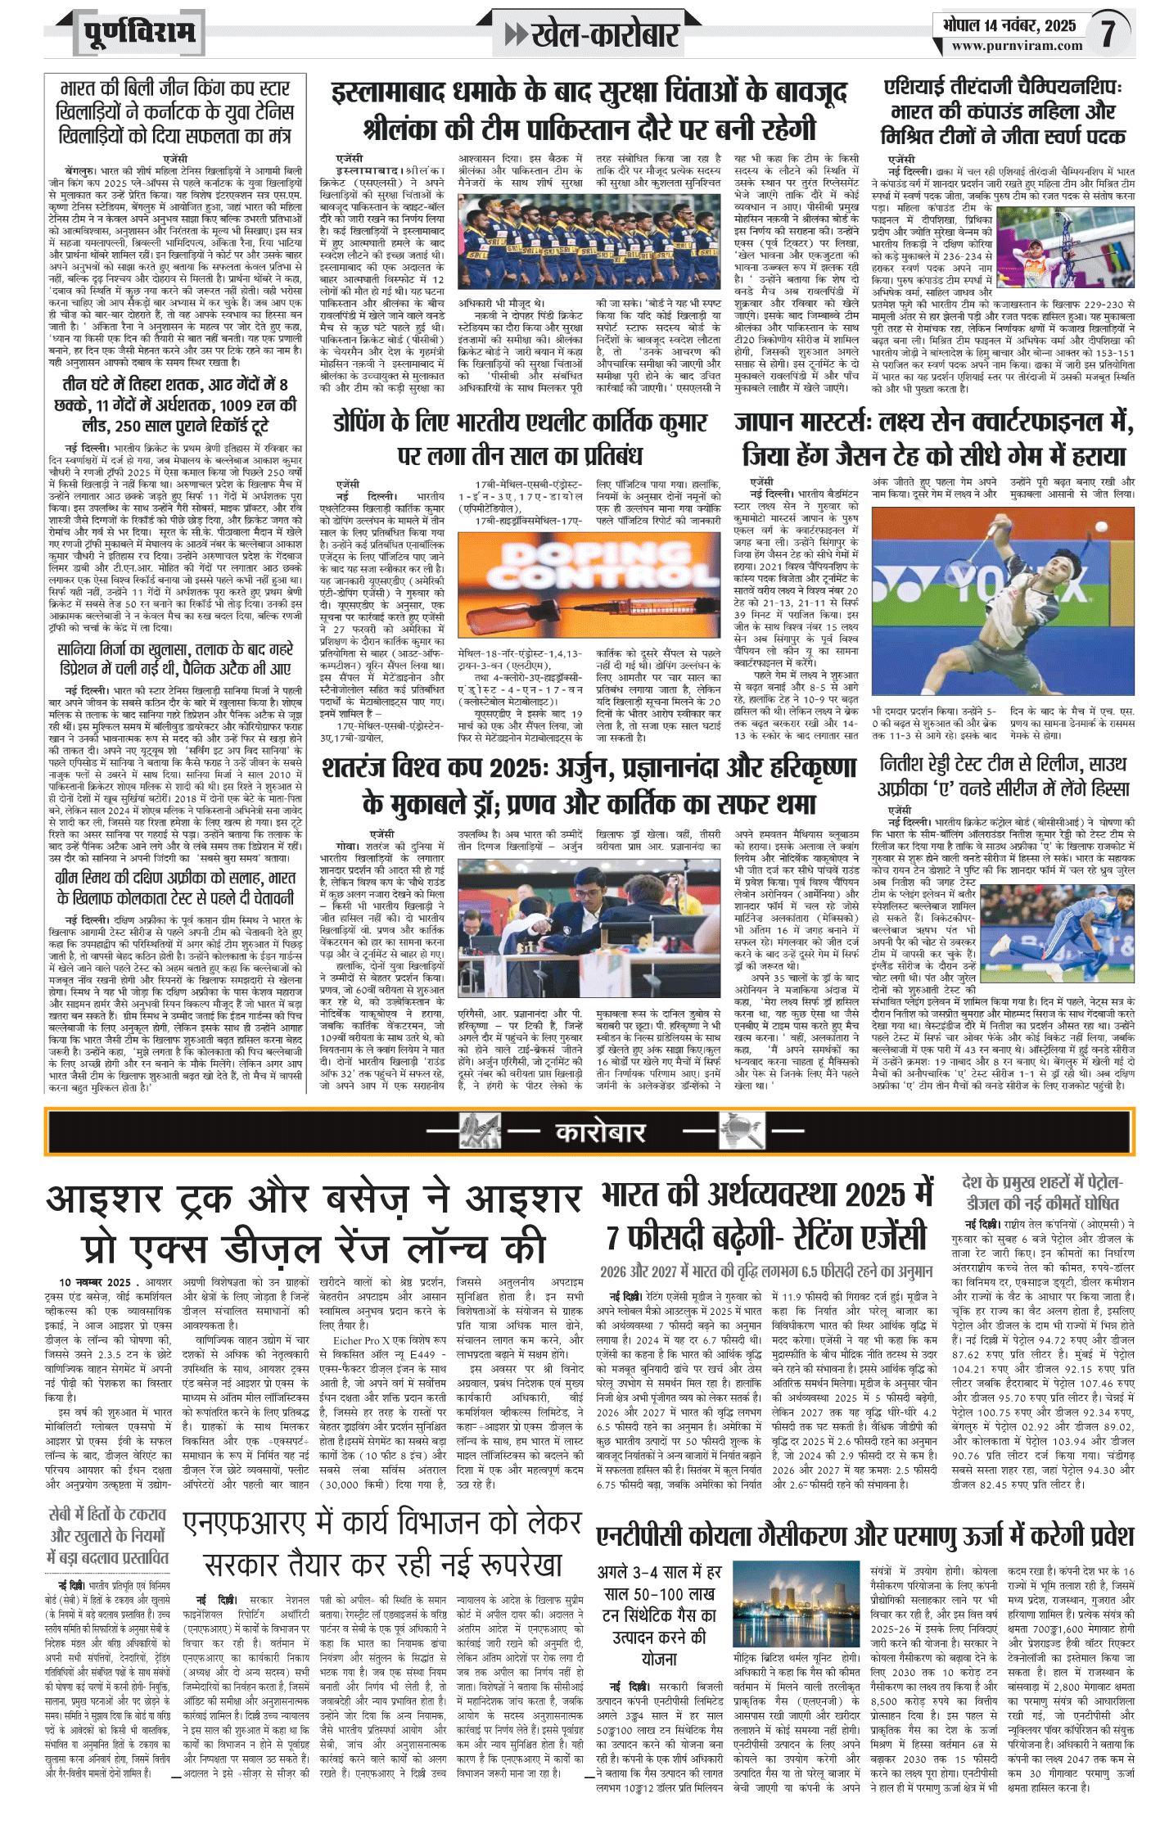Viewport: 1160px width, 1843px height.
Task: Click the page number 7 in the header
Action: coord(1108,34)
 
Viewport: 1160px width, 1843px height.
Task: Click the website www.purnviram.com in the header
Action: coord(1017,46)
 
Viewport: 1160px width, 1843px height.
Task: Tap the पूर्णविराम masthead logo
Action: coord(139,33)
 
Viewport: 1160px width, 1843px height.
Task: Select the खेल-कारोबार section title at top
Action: coord(604,34)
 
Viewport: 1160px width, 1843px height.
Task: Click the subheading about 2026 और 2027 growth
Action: coord(766,1272)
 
